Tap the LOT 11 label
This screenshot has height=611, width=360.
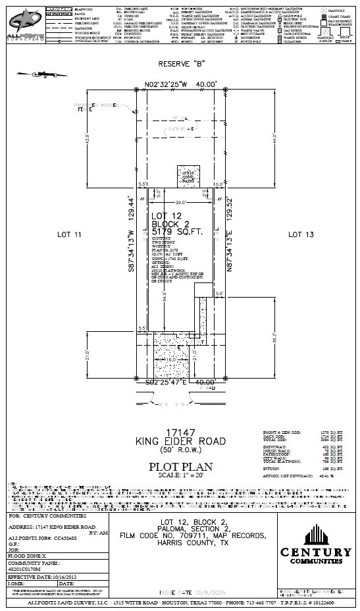point(70,234)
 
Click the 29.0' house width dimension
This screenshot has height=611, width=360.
point(180,204)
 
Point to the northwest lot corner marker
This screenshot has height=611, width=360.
point(136,90)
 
